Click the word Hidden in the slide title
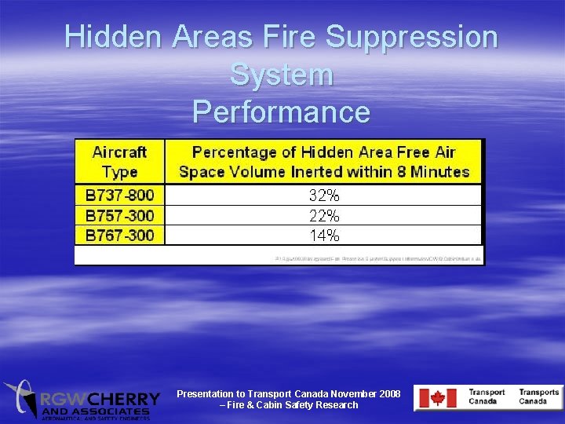coord(111,37)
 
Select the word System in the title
coord(282,75)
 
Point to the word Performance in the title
coord(282,111)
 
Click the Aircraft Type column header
coord(119,161)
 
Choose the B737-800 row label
coord(120,195)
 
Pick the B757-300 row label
coord(120,215)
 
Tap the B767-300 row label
coord(120,235)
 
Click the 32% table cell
coord(324,195)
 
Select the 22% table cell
coord(324,215)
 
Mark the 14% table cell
coord(324,235)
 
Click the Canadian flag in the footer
coord(432,398)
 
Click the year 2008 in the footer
coord(388,393)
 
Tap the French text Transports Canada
coord(538,397)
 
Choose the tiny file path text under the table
coord(379,258)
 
